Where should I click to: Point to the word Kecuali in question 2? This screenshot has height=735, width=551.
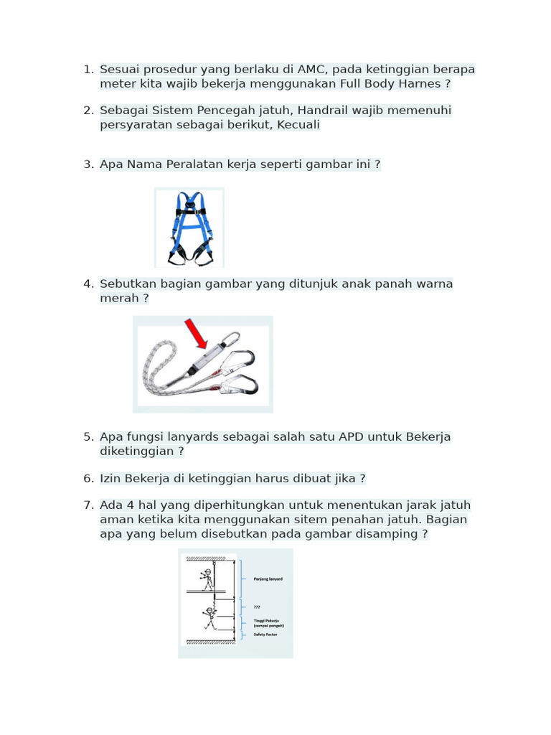pos(295,125)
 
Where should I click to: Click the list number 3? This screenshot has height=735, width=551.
pos(88,164)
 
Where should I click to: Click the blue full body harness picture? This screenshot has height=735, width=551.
pos(189,228)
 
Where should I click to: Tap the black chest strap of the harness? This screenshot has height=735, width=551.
pos(189,211)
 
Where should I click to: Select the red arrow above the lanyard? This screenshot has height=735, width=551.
pos(196,334)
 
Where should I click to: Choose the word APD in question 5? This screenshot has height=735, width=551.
pos(352,437)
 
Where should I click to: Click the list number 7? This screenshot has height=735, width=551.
pos(88,505)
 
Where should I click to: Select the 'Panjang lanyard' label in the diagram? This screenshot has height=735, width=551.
pos(268,579)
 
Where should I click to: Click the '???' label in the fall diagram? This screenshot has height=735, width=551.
pos(257,607)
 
